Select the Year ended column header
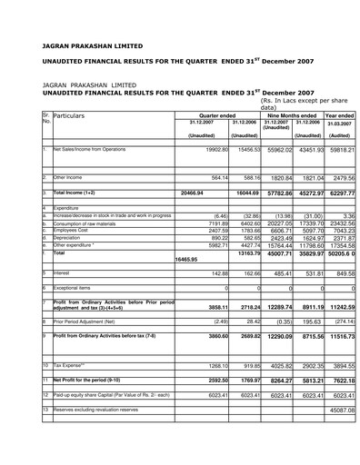[x=339, y=116]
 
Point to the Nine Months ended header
[x=292, y=116]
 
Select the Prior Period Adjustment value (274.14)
[x=340, y=322]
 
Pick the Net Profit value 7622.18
[x=339, y=381]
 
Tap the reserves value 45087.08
[x=338, y=411]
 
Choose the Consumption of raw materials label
[x=88, y=223]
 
